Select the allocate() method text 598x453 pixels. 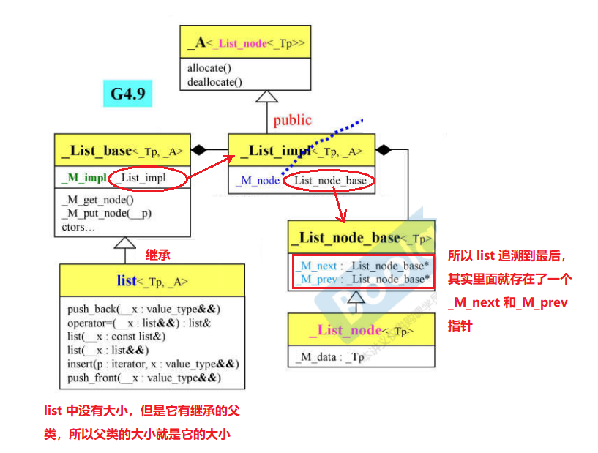(209, 68)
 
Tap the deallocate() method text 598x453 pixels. (214, 81)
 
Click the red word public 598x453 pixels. (292, 120)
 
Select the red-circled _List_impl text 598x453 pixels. (144, 178)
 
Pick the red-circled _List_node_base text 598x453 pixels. (330, 180)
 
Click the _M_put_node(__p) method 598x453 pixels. (106, 214)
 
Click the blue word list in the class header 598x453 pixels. (127, 281)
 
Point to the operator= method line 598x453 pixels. (140, 322)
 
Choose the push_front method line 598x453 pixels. (143, 378)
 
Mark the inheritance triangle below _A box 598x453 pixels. (267, 96)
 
